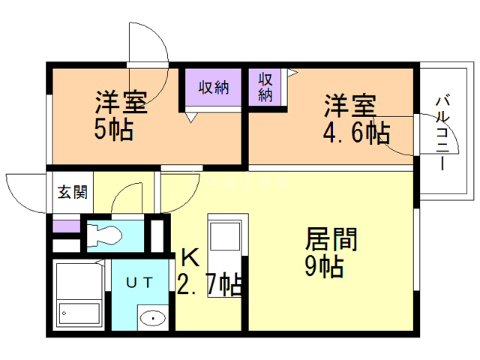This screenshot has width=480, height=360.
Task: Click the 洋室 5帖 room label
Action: (120, 116)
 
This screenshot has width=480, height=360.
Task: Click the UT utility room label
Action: (140, 282)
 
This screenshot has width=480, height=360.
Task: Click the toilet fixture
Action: (105, 235)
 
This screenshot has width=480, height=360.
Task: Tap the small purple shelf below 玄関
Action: (65, 224)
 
